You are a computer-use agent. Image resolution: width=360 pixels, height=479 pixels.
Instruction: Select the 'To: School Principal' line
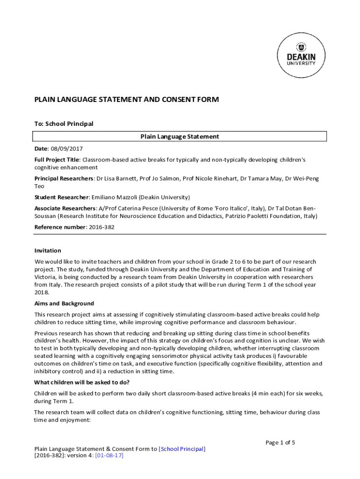(64, 124)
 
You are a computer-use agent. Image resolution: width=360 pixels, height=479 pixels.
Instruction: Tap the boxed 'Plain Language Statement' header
(180, 137)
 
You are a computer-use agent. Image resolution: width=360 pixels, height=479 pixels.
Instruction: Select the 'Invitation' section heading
(48, 251)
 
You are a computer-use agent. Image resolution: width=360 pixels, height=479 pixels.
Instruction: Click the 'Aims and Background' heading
(64, 304)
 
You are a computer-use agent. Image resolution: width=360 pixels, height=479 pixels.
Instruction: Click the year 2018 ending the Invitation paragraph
(42, 292)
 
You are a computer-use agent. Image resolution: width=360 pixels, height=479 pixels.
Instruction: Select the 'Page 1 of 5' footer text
(280, 443)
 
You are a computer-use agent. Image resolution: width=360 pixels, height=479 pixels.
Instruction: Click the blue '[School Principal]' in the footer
(182, 449)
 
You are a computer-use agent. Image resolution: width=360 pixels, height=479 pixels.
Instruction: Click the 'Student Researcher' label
(61, 197)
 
